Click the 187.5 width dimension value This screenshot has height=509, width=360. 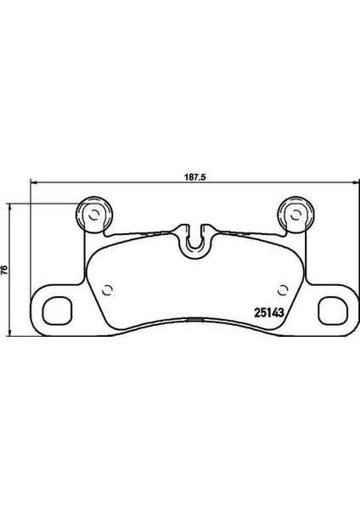coord(196,177)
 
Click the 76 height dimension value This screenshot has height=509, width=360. coord(4,270)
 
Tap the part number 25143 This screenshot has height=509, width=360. coord(269,312)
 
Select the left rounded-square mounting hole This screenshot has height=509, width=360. coord(57,310)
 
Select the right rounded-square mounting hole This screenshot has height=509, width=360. coord(333,310)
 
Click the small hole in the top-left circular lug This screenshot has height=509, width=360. coord(94,215)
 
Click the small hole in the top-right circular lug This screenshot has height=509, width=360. coord(295,215)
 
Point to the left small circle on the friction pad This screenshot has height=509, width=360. coord(107,290)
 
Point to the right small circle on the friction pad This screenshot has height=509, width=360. coord(283,290)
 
